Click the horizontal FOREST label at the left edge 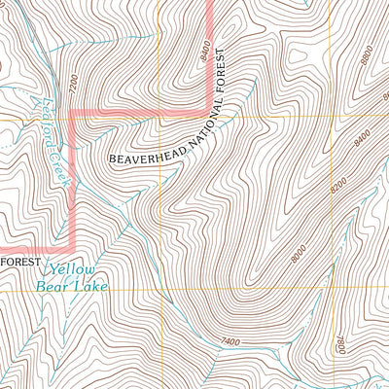[x=18, y=264]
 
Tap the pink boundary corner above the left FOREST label [x=75, y=246]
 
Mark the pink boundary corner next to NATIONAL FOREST [x=211, y=101]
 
